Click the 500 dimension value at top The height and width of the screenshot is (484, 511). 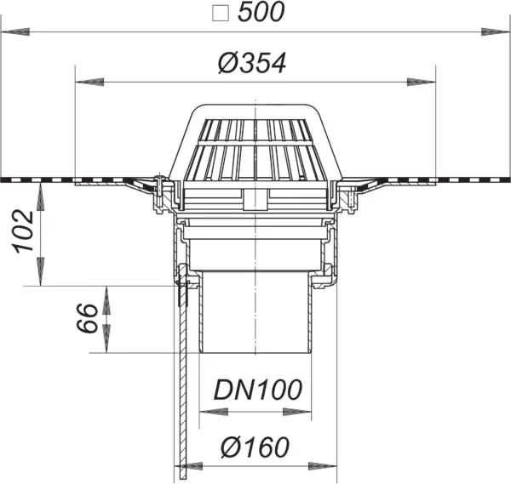[261, 13]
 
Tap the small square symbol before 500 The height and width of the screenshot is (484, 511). [221, 14]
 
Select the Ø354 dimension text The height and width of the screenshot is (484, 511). [252, 63]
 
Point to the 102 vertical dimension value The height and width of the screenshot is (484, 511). [24, 231]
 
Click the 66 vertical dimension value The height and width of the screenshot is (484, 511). [88, 317]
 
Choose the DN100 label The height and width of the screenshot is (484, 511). [257, 390]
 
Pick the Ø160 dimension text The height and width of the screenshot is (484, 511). [255, 447]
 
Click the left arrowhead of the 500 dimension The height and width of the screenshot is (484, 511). [15, 31]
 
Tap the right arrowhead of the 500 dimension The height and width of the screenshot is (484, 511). [495, 31]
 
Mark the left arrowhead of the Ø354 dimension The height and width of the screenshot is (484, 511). [89, 82]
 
